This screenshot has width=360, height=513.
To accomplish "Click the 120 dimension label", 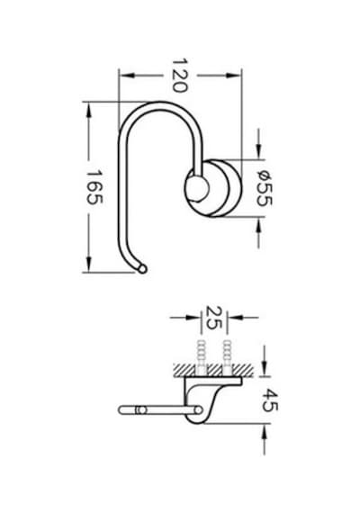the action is click(180, 76).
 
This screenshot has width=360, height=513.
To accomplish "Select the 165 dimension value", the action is click(94, 187).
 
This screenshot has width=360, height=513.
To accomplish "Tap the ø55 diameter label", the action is click(264, 188).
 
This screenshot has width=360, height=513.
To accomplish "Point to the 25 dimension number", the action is click(214, 318).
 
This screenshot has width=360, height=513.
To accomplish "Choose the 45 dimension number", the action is click(271, 400).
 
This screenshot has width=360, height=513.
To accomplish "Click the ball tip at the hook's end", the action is click(142, 269).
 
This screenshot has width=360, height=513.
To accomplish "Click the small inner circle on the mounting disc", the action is click(197, 188).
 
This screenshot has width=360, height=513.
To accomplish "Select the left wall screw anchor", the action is click(202, 358).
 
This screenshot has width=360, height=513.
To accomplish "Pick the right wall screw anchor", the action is click(227, 358).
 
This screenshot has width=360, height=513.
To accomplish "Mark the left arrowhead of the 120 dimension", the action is click(127, 76).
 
